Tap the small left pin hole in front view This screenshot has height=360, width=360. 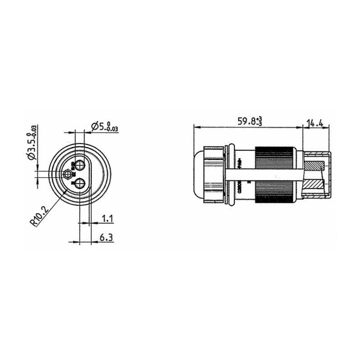click(x=68, y=175)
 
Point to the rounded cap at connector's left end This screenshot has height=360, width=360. click(x=198, y=174)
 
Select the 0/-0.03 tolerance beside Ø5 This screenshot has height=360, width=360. click(x=112, y=127)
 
